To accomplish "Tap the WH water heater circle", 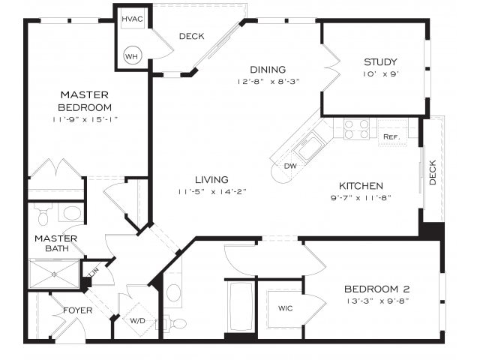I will (x=133, y=55).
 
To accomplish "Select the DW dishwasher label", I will (x=289, y=166).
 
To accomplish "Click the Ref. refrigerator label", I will (x=391, y=137).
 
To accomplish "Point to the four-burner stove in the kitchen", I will (x=356, y=129).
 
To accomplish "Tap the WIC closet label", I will (x=285, y=308).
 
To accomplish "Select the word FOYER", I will (x=77, y=310).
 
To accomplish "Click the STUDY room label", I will (x=380, y=62).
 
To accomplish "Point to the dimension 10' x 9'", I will (x=380, y=74).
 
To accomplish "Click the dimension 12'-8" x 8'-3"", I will (x=268, y=81).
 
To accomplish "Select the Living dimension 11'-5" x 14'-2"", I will (x=211, y=191).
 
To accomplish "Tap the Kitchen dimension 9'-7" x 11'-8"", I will (x=361, y=198).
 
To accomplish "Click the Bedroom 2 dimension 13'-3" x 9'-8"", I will (x=376, y=301).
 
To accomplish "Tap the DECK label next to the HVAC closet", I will (x=192, y=36).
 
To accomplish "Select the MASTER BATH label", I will (x=51, y=243).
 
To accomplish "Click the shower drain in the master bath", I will (x=54, y=274).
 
